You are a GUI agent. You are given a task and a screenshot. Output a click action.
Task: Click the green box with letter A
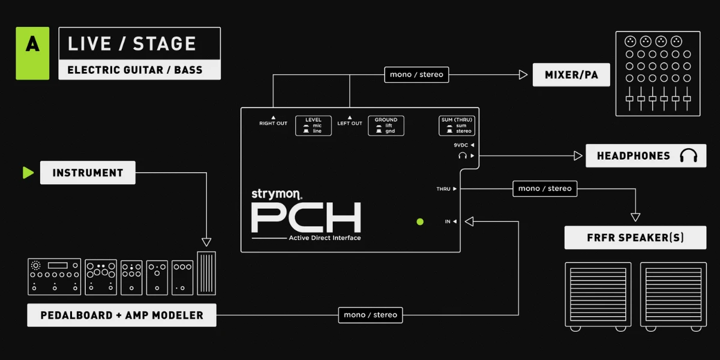click(x=32, y=53)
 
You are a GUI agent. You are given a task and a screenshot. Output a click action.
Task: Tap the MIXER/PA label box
click(x=571, y=75)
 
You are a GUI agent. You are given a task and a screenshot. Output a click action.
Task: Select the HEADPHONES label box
click(x=646, y=156)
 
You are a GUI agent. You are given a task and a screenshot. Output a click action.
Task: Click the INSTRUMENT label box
click(x=88, y=173)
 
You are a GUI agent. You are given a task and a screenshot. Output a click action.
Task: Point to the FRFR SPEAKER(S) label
click(x=635, y=238)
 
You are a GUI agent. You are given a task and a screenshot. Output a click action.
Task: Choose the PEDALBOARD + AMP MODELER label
click(x=122, y=316)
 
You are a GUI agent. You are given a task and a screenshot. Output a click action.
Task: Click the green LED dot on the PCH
click(x=420, y=222)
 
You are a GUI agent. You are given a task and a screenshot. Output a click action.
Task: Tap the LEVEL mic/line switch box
click(x=313, y=125)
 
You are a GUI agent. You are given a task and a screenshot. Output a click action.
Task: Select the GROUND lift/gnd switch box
click(x=386, y=125)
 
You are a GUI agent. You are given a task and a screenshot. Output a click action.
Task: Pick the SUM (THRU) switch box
click(x=457, y=125)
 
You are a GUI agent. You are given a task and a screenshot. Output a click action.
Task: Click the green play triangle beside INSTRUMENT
click(x=28, y=173)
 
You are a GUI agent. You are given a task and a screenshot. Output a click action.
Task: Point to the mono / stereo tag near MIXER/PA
click(x=416, y=74)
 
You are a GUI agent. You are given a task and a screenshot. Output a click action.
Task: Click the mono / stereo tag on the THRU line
click(x=545, y=188)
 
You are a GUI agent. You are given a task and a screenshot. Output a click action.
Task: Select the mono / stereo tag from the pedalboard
click(x=370, y=315)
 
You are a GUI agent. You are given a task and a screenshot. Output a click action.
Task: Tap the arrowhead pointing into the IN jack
click(x=469, y=221)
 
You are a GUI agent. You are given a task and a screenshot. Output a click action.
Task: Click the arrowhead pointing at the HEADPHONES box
click(x=578, y=156)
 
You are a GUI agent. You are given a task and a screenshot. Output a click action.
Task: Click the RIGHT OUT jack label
click(x=273, y=124)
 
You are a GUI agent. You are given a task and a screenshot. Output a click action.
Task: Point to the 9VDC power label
click(x=461, y=145)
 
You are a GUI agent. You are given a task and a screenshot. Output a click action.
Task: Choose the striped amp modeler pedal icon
click(x=206, y=273)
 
